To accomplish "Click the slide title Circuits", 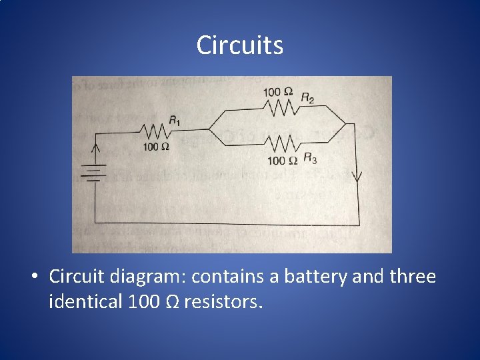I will [x=240, y=45].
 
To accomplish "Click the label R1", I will [x=175, y=121].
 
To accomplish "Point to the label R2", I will [x=307, y=97].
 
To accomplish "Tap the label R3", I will [x=310, y=158].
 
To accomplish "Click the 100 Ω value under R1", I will [x=155, y=146].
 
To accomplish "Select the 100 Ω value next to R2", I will [x=277, y=91].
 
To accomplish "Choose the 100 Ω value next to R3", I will [x=282, y=160].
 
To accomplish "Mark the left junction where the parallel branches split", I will [x=209, y=129].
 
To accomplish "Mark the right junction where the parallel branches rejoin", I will [x=346, y=124].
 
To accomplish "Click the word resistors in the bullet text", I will [x=224, y=301].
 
